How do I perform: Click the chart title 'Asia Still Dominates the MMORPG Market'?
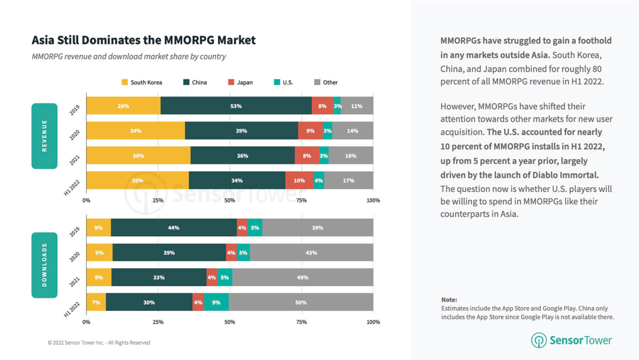point(144,40)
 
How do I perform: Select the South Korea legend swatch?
point(125,82)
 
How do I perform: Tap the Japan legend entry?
point(240,82)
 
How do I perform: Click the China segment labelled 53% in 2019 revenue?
point(236,106)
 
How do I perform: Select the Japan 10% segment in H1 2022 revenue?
point(299,181)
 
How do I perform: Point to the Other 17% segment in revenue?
point(348,181)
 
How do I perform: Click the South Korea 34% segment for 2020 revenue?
point(135,131)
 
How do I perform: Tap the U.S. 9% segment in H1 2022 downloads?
point(216,303)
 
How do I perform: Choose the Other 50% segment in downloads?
point(301,303)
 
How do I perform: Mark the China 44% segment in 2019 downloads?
point(173,228)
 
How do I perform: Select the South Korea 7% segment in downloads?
point(96,303)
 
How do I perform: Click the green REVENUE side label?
point(44,136)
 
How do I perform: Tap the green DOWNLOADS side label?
point(44,265)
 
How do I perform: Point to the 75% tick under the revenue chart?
point(301,201)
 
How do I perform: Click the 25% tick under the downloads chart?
point(158,322)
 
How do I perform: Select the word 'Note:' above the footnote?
point(449,300)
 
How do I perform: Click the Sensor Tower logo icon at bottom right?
point(538,340)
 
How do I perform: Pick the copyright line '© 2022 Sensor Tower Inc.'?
point(99,343)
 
